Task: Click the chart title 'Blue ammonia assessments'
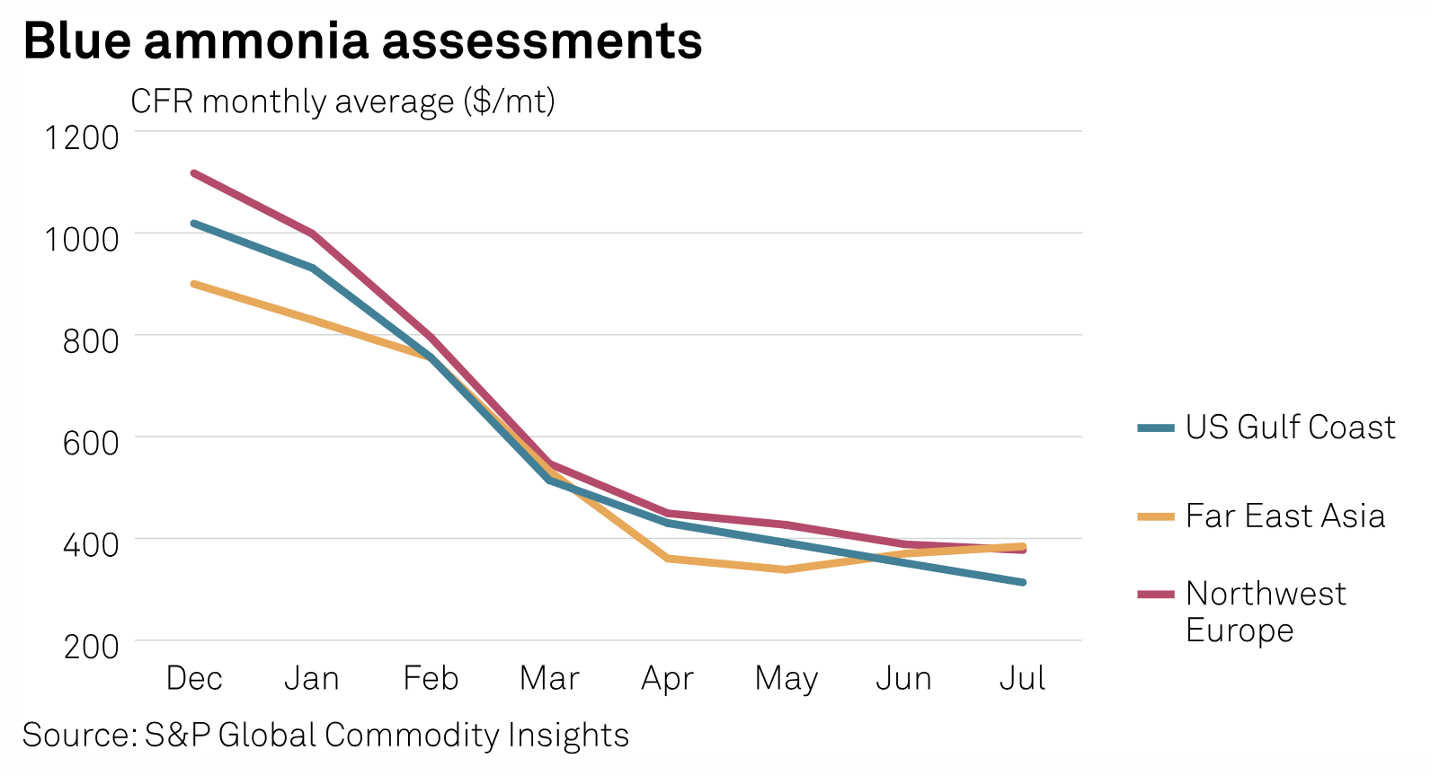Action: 362,41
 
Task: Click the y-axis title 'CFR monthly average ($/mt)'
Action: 342,101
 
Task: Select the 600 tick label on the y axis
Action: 90,443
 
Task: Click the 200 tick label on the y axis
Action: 90,646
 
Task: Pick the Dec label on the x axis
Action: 194,678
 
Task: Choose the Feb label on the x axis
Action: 431,678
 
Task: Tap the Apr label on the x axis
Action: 667,679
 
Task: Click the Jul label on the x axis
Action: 1022,678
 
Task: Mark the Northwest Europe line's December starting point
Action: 194,172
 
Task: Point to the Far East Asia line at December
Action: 194,284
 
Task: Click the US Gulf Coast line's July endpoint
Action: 1023,582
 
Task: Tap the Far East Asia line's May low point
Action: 787,569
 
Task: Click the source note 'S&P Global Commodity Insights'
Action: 325,736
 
